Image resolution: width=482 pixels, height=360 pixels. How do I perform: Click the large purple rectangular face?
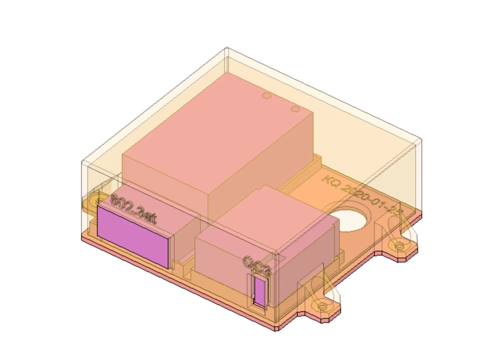(133, 237)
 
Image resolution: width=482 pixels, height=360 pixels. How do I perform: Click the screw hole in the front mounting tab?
(322, 306)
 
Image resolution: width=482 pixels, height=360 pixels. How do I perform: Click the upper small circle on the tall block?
(266, 95)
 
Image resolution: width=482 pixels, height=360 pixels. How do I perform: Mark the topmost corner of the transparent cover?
(227, 48)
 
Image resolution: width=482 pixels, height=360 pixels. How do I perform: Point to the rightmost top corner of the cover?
(421, 139)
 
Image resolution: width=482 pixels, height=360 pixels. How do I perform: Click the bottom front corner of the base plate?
(276, 329)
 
